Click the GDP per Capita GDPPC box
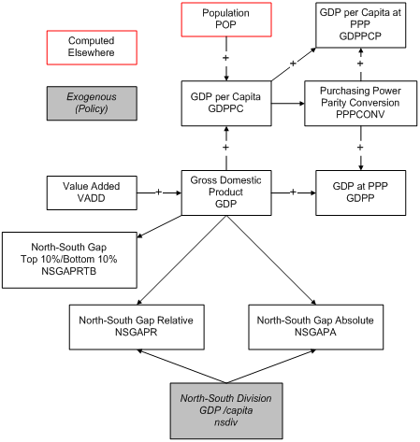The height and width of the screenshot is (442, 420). click(225, 101)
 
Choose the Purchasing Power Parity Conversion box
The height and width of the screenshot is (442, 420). click(360, 101)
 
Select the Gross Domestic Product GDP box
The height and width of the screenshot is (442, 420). click(225, 191)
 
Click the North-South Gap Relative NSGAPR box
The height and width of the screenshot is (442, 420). click(136, 326)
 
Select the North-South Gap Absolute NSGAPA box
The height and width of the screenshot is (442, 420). click(315, 326)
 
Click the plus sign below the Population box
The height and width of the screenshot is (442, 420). click(225, 57)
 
